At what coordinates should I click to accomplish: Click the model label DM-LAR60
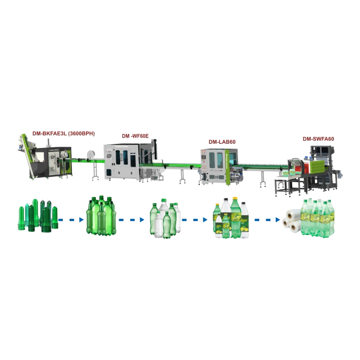pos(222,141)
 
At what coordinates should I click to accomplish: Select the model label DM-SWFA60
pos(318,139)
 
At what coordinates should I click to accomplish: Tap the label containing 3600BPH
pos(64,133)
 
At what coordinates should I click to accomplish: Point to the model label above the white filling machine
pos(135,136)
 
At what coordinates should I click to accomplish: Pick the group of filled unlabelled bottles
pos(165,219)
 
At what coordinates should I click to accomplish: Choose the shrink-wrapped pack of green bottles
pos(318,218)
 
